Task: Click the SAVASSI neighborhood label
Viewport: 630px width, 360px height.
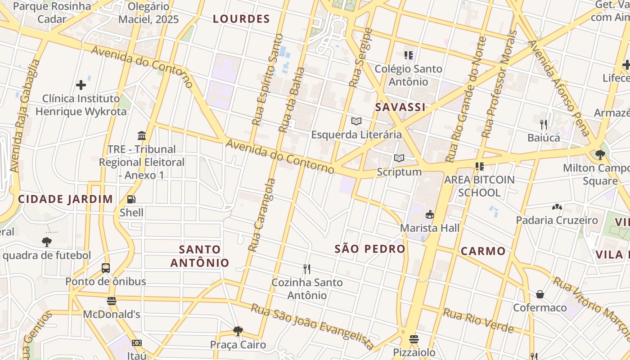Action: pos(400,107)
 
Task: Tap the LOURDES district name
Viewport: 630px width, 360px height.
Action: pos(241,19)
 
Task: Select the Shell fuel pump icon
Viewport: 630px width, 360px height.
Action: pos(131,199)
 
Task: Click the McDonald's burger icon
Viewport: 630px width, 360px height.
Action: pos(111,301)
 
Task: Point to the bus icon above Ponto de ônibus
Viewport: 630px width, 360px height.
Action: pos(106,268)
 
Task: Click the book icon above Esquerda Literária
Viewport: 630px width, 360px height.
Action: pos(356,121)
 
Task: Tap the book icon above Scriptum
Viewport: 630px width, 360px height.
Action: pos(399,158)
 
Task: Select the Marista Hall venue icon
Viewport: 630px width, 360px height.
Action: pos(430,214)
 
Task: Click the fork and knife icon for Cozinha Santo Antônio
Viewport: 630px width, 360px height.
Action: pos(307,269)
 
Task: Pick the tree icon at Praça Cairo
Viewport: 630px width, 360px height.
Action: pos(238,332)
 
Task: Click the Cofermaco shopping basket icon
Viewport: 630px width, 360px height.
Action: pos(540,294)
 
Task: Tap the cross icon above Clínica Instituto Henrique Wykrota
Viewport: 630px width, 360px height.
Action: pos(81,85)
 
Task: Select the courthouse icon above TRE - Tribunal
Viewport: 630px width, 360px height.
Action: pos(142,135)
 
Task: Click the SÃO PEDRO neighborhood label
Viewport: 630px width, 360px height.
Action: pos(370,249)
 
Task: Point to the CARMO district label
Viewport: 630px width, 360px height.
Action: pos(483,251)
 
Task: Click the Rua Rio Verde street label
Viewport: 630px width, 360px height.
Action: pos(478,321)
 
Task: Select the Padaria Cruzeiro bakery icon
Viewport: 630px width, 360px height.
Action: pos(557,207)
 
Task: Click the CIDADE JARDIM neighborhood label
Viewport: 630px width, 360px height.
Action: pos(65,199)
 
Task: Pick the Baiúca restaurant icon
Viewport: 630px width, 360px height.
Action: pos(544,124)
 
